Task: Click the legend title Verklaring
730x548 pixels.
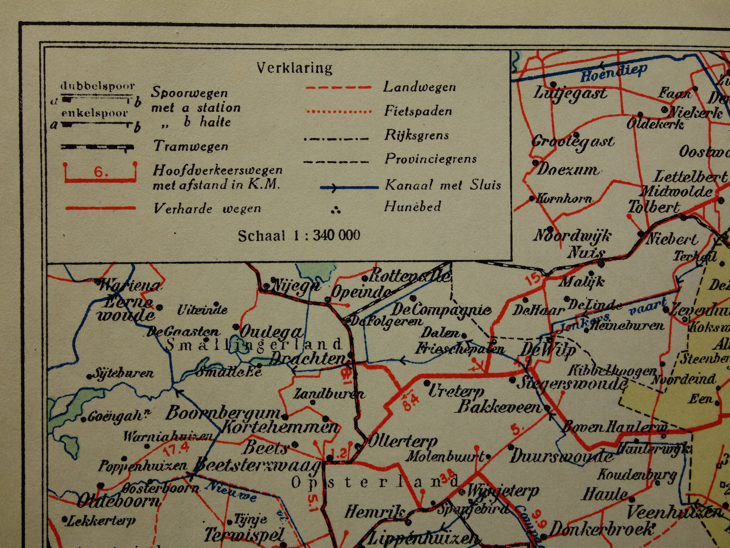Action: coord(294,68)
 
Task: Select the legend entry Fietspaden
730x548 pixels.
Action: coord(417,111)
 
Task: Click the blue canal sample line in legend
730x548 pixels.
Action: coord(349,188)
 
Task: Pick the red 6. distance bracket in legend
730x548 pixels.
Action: coord(101,173)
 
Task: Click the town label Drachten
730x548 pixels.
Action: coord(307,359)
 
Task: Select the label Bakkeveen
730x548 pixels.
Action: coord(498,406)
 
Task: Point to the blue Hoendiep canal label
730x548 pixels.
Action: coord(613,73)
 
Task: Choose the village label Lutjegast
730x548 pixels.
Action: coord(570,94)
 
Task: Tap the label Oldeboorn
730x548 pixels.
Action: coord(118,501)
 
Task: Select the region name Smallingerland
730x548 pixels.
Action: coord(254,345)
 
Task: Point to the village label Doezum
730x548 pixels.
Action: coord(567,169)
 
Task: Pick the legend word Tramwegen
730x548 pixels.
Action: coord(190,146)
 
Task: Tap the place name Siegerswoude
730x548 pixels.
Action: coord(571,383)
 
